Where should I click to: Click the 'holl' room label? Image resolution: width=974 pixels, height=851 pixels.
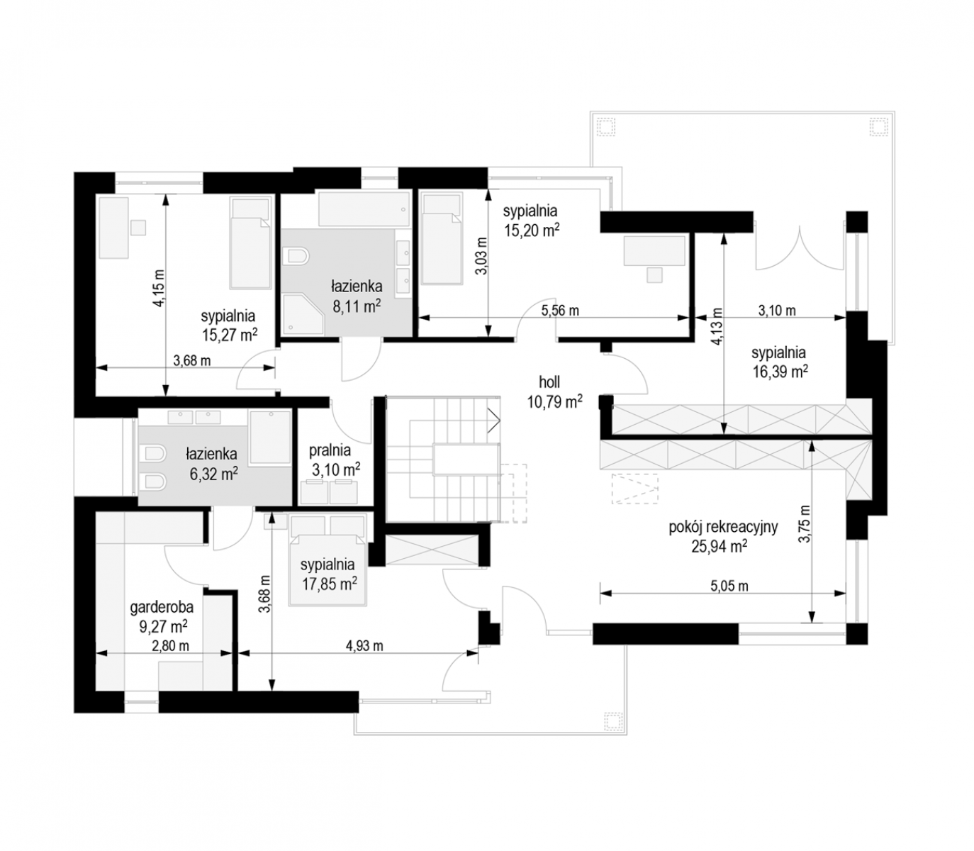(549, 382)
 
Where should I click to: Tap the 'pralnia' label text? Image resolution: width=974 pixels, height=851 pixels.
(330, 450)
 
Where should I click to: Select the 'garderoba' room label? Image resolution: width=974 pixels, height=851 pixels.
(162, 607)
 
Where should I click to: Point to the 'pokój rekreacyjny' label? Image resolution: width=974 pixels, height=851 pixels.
(723, 527)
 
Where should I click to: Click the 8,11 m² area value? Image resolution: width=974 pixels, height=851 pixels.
(357, 306)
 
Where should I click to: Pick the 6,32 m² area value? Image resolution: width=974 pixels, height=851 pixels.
(214, 474)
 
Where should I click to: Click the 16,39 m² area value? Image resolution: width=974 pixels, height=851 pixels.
(780, 371)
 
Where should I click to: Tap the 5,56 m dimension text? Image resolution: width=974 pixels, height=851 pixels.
(560, 311)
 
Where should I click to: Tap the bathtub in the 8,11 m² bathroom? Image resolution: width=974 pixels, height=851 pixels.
(364, 208)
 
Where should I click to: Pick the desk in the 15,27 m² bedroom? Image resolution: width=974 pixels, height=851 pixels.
(114, 228)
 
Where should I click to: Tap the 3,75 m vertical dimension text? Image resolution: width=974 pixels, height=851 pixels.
(804, 524)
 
